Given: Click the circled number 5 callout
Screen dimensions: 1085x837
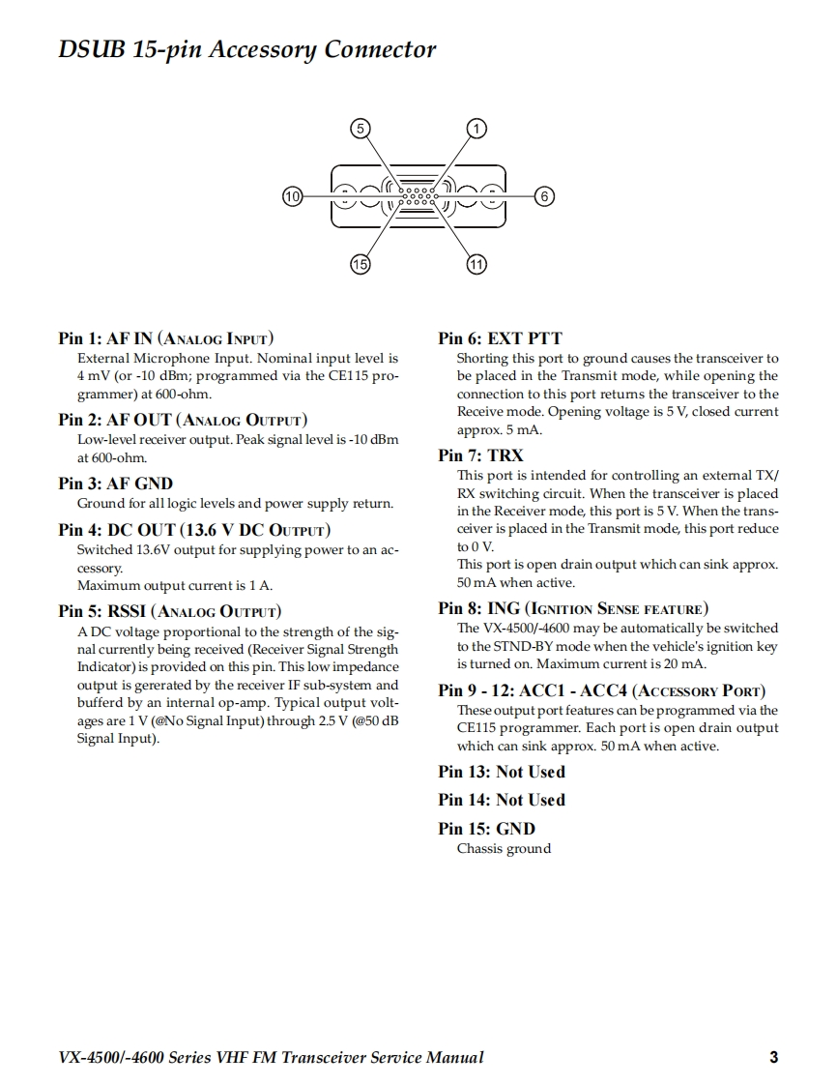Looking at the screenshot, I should (x=360, y=129).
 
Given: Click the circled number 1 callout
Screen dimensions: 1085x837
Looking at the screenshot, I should (x=476, y=129).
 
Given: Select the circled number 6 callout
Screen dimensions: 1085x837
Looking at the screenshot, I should (x=543, y=196).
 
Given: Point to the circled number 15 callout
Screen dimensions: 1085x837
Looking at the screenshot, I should (x=360, y=264).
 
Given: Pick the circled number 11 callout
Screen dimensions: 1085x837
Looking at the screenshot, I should (x=476, y=264).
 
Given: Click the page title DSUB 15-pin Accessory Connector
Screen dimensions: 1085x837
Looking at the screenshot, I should (x=246, y=49).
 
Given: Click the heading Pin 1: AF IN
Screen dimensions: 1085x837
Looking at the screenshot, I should (x=165, y=338).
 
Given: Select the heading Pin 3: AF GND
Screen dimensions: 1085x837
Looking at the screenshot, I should (x=115, y=484).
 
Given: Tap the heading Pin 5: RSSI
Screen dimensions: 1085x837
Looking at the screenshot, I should (x=169, y=611).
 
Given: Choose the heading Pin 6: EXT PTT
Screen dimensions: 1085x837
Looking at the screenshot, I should (x=500, y=338).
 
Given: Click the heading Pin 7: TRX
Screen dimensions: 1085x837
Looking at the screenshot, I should (x=480, y=455).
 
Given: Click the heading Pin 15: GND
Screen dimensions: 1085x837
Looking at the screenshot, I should (x=486, y=829).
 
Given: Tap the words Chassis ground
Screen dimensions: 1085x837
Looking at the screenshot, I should (x=504, y=849).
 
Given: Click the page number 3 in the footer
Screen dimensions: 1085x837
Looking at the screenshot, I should (x=773, y=1057).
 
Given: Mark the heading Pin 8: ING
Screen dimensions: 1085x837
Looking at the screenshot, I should (x=572, y=608).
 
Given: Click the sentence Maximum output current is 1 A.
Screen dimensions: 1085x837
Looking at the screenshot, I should (x=174, y=585).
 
